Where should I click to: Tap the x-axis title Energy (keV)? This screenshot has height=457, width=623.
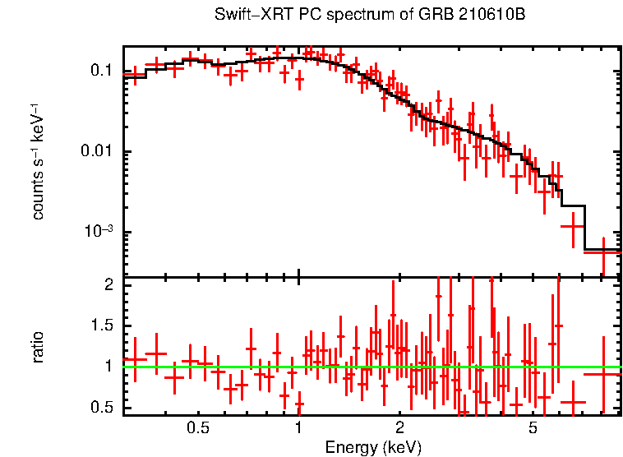coord(373,447)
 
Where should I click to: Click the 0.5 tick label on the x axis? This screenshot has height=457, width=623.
coord(197,427)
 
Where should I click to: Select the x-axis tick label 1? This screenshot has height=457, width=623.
coord(298,427)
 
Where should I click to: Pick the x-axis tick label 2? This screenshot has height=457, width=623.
coord(399,427)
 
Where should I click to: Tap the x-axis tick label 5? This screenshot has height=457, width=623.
coord(533,427)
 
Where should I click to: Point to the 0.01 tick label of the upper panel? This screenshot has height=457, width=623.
coord(96,152)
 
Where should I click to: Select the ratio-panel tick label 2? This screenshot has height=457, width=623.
coord(108,285)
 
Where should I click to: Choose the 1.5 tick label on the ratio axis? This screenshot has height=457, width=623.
coord(101,325)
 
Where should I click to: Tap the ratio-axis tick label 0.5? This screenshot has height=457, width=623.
coord(101,407)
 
